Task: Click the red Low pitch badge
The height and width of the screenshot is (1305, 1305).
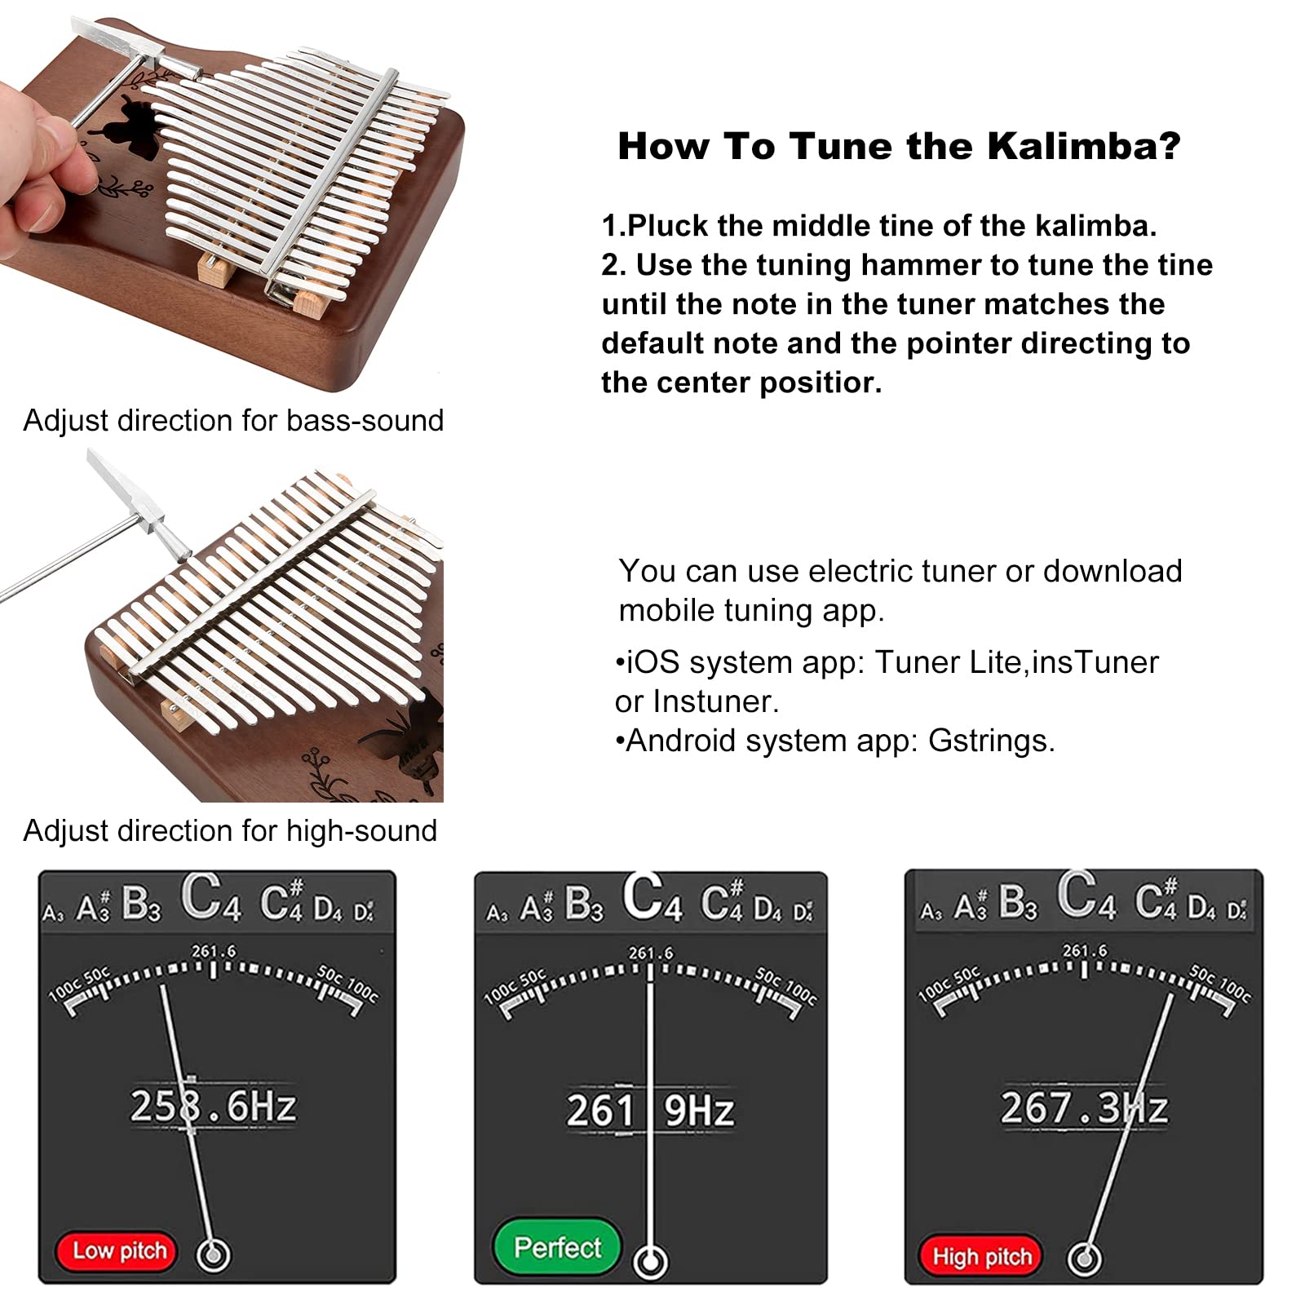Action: [x=116, y=1250]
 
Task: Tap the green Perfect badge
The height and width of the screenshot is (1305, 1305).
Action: [x=557, y=1247]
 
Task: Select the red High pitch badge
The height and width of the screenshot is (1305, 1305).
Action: [x=981, y=1257]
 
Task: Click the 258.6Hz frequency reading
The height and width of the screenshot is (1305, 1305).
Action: [x=213, y=1106]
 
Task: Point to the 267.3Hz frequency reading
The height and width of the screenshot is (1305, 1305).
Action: [x=1084, y=1108]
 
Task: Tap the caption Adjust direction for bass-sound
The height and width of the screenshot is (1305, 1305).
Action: [x=233, y=421]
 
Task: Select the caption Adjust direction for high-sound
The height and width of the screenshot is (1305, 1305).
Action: [x=230, y=831]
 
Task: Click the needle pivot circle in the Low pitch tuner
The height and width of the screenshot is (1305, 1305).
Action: [x=214, y=1254]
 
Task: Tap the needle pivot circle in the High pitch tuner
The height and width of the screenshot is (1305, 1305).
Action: [x=1084, y=1259]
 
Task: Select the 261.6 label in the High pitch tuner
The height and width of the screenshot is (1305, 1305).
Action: [x=1085, y=951]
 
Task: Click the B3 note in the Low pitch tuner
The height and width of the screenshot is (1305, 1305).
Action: [x=141, y=905]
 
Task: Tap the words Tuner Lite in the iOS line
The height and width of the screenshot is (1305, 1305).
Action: [x=947, y=662]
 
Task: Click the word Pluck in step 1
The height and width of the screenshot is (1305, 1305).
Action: [x=667, y=225]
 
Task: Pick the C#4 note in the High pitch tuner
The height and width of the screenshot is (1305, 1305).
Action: [x=1157, y=900]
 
